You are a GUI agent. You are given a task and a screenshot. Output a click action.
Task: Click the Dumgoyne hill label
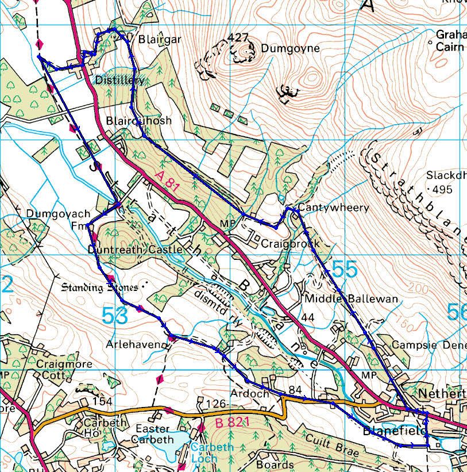[x=290, y=49]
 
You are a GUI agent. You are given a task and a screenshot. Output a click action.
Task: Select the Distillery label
[x=120, y=79]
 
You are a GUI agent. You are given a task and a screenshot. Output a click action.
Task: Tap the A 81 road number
[x=167, y=178]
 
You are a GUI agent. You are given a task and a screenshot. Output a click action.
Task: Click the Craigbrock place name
[x=290, y=244]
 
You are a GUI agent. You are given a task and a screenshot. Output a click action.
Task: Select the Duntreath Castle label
[x=136, y=250]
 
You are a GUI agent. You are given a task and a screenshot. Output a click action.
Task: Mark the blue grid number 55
[x=345, y=270]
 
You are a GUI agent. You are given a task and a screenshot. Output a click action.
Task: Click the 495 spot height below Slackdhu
[x=442, y=190]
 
